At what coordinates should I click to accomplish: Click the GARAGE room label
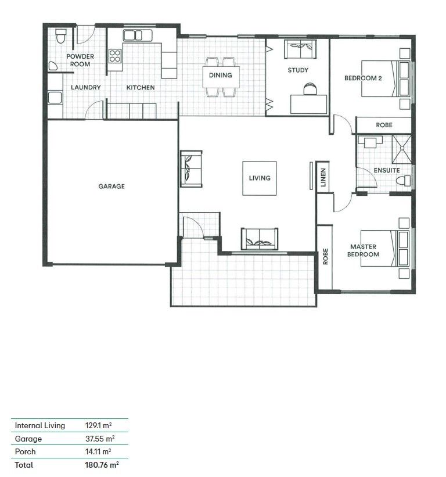tap(111, 187)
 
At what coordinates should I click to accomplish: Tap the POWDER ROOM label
tap(80, 60)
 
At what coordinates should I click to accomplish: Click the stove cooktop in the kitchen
tap(115, 56)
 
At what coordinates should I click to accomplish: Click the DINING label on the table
tap(221, 75)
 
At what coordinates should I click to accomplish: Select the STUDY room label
tap(298, 70)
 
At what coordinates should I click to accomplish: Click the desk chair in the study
tap(311, 88)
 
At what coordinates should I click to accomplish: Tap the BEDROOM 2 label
tap(363, 77)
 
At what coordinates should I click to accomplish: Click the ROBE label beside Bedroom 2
tap(384, 125)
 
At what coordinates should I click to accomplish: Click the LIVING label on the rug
tap(260, 178)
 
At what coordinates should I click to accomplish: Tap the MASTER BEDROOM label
tap(364, 250)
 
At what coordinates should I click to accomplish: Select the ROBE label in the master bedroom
tap(325, 256)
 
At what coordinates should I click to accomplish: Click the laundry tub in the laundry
tap(55, 97)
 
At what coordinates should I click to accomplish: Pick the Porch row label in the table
tap(25, 451)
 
